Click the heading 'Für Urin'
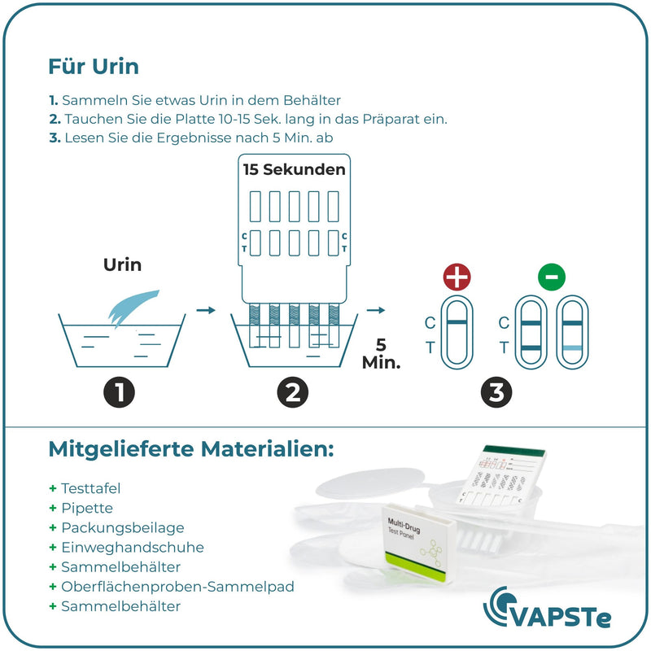pyautogui.click(x=93, y=65)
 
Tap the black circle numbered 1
pyautogui.click(x=120, y=393)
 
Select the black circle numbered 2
pyautogui.click(x=292, y=393)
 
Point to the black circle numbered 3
pyautogui.click(x=496, y=393)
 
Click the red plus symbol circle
pyautogui.click(x=457, y=277)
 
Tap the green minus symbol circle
pyautogui.click(x=551, y=277)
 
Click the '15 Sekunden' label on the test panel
pyautogui.click(x=294, y=170)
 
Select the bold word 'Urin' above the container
pyautogui.click(x=122, y=265)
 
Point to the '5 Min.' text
pyautogui.click(x=381, y=354)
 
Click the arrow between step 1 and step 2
pyautogui.click(x=206, y=310)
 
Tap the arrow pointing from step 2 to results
pyautogui.click(x=375, y=310)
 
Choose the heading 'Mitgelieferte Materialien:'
pyautogui.click(x=191, y=448)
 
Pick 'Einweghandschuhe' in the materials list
pyautogui.click(x=133, y=548)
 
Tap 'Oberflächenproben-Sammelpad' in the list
pyautogui.click(x=177, y=587)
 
